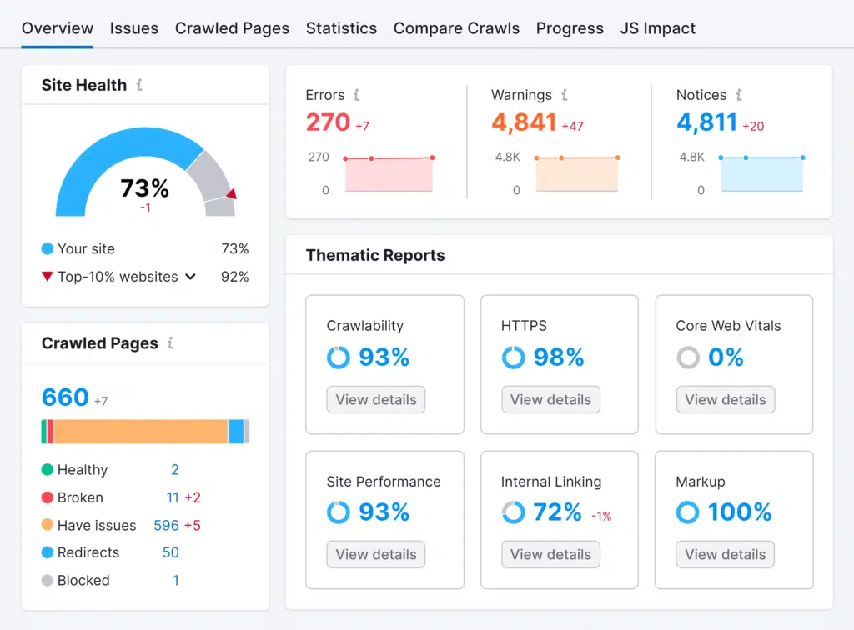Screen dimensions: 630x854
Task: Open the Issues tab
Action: coord(133,28)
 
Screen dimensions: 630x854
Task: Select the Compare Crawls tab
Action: coord(456,28)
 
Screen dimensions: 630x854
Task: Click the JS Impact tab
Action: coord(657,28)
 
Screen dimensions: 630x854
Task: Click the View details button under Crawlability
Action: coord(375,400)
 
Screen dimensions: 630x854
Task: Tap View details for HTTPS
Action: coord(550,400)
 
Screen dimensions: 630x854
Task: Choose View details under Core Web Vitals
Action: coord(725,400)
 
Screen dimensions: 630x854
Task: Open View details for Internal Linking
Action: coord(550,555)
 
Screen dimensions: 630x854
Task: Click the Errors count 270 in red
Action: coord(328,122)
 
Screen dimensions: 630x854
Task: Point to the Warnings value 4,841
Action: coord(523,122)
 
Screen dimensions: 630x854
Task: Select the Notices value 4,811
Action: coord(706,122)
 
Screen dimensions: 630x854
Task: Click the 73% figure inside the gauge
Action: coord(145,188)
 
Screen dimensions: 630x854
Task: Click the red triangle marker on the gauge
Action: coord(231,194)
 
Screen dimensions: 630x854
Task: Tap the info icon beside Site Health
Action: coord(139,85)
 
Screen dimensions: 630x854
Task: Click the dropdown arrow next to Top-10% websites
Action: coord(191,277)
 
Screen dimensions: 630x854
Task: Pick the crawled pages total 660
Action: coord(65,397)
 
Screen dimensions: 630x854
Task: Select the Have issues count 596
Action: coord(166,526)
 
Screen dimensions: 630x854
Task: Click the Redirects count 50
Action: coord(170,553)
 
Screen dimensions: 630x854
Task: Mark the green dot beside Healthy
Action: coord(48,470)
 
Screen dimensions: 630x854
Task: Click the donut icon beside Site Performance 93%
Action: coord(338,512)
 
